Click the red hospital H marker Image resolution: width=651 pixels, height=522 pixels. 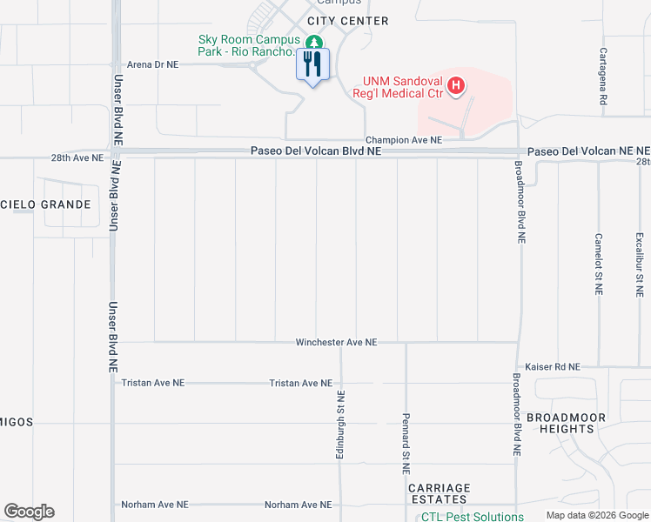pos(457,85)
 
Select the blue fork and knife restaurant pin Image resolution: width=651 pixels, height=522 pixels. pos(313,64)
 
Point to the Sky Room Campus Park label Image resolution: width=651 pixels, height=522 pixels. pos(248,45)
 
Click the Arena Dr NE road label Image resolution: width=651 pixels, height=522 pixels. pos(152,64)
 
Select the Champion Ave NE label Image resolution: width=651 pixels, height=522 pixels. pos(404,139)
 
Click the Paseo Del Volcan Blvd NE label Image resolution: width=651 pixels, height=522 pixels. pos(316,151)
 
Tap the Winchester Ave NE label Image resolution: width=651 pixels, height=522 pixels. pos(336,343)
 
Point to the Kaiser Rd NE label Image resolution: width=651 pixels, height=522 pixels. pos(553,367)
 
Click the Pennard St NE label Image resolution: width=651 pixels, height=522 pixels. pos(406,442)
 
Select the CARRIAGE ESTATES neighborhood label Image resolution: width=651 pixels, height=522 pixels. pos(440,494)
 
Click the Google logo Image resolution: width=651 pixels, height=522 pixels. pos(29,511)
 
